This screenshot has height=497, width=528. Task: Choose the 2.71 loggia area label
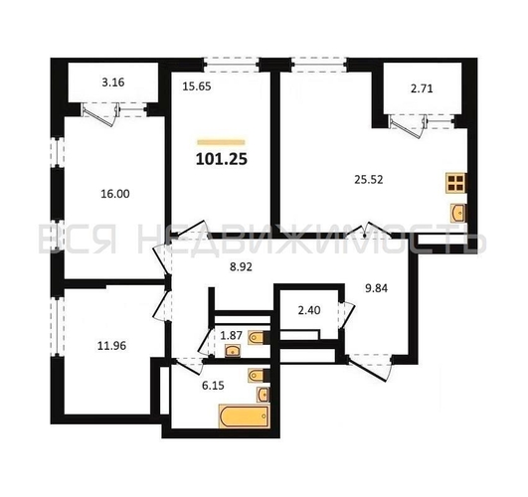419,88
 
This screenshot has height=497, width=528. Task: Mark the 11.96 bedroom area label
95,346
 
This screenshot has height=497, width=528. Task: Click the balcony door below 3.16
100,114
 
